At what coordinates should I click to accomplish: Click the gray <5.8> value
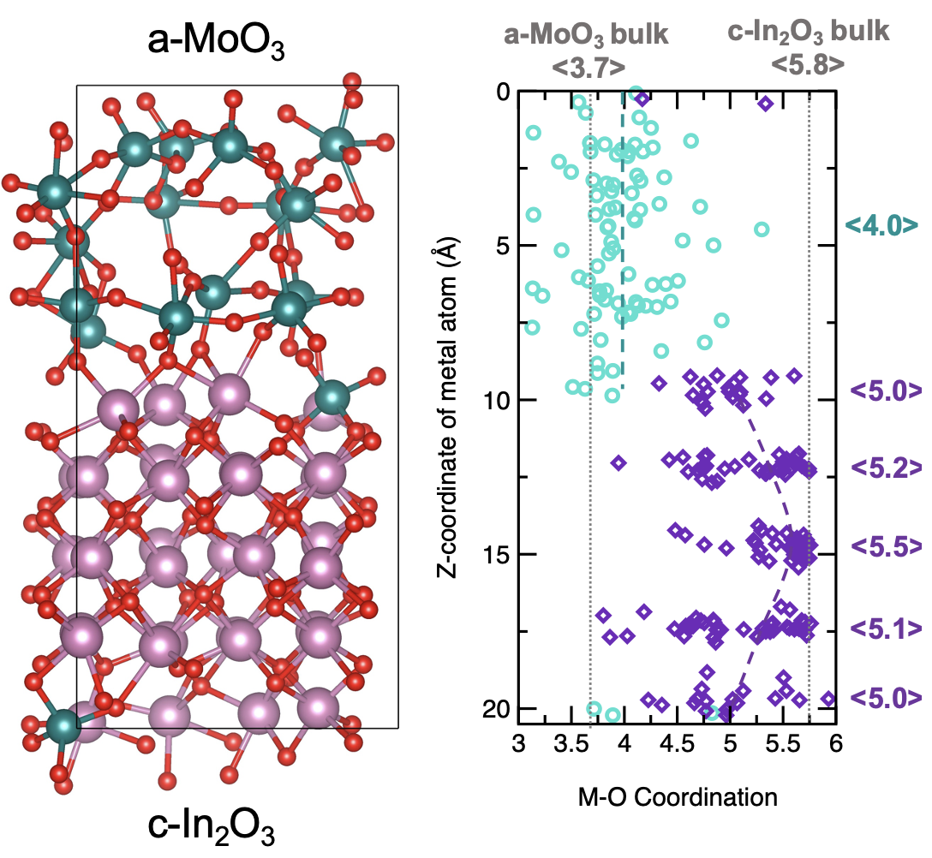tap(808, 64)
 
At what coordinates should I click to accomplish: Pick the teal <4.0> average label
tap(881, 224)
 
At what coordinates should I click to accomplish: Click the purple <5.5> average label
tap(887, 545)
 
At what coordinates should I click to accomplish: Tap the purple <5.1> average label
tap(887, 628)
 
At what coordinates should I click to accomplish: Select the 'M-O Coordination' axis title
tap(677, 798)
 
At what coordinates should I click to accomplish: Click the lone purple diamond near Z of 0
tap(766, 104)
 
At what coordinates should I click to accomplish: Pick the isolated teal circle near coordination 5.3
tap(762, 229)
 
